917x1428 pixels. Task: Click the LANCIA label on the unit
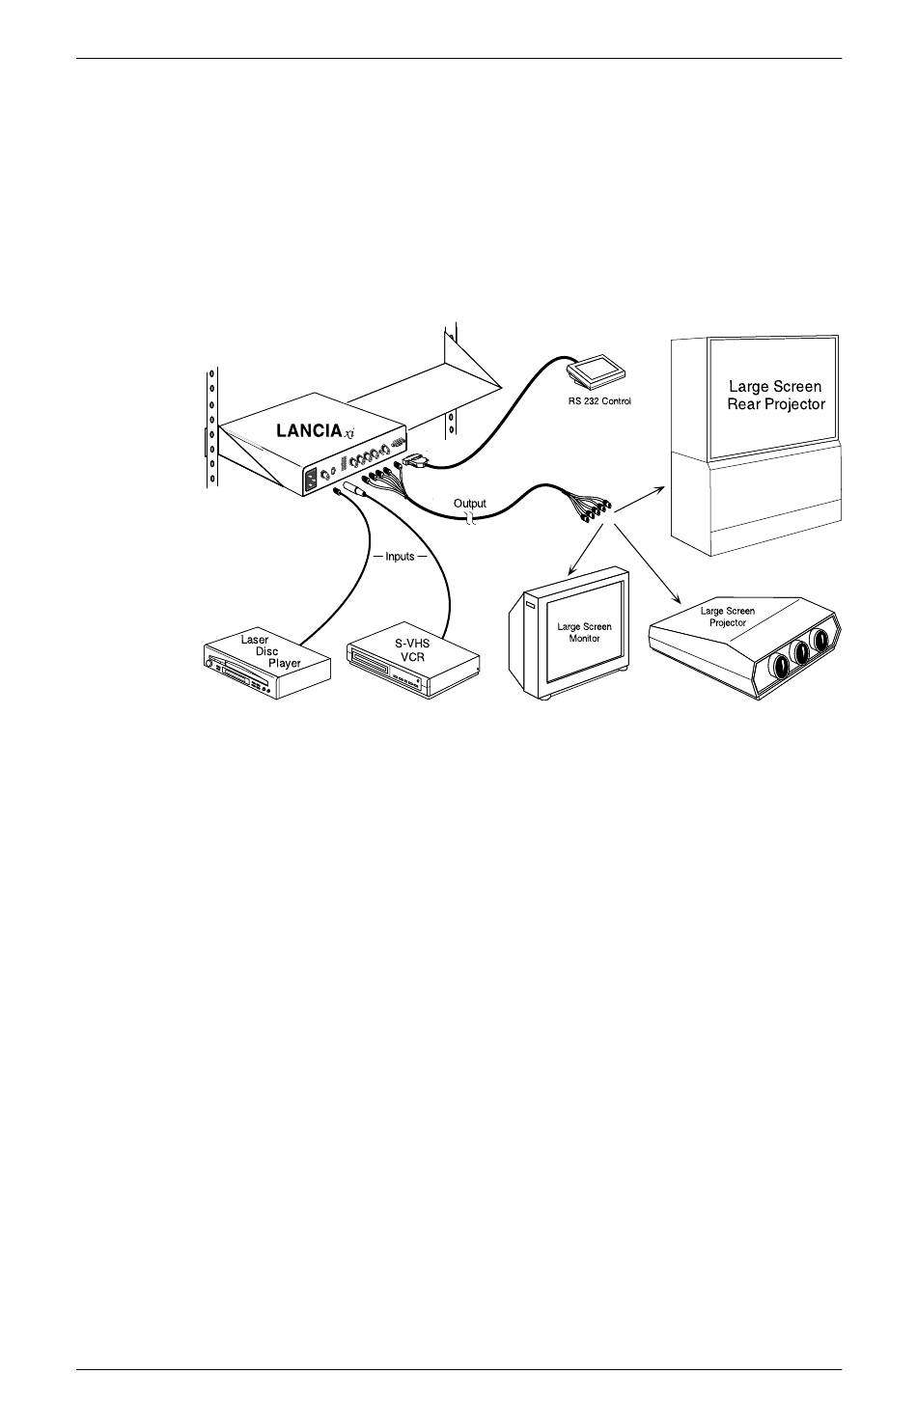click(309, 431)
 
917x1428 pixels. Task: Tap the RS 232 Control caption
click(598, 399)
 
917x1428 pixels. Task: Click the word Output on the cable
click(470, 503)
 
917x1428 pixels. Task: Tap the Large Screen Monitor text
click(584, 633)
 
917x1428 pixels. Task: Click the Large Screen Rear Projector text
click(775, 396)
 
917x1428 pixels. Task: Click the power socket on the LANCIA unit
click(312, 479)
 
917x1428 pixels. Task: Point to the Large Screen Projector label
click(728, 617)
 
